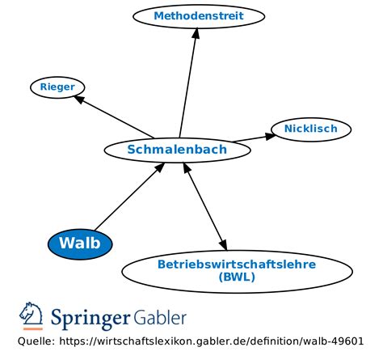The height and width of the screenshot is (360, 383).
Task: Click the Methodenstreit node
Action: [198, 15]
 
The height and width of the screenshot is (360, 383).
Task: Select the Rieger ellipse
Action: [57, 87]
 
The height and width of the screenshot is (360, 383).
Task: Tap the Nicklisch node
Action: [310, 129]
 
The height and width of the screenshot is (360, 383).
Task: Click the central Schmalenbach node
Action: [177, 149]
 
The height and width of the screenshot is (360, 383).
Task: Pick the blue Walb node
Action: [81, 243]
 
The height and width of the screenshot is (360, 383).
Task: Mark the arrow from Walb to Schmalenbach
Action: [129, 197]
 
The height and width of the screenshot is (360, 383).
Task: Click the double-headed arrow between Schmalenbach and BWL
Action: [205, 205]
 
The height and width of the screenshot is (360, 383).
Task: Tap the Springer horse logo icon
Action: [32, 316]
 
